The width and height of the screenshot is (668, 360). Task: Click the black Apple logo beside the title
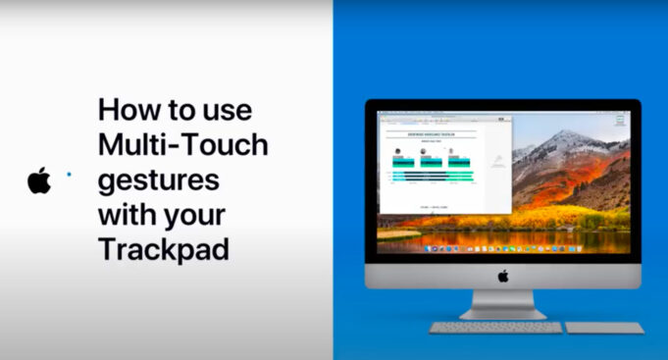point(39,180)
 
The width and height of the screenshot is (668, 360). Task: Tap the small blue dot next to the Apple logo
point(68,174)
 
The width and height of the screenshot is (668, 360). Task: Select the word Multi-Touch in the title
point(182,145)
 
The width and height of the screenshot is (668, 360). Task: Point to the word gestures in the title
point(158,181)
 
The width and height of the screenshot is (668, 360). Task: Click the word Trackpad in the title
point(163,249)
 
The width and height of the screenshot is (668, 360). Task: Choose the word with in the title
point(127,215)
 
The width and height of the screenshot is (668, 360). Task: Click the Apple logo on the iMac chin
point(503,276)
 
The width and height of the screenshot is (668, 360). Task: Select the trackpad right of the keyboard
point(604,328)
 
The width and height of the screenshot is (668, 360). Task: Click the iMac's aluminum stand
point(502,305)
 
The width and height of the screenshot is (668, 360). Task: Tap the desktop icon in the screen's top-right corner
point(620,121)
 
